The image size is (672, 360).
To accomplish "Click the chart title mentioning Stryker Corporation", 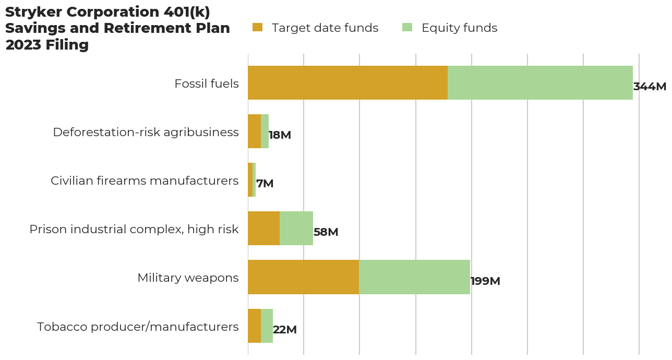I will [117, 29].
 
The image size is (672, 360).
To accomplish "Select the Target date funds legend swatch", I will [257, 28].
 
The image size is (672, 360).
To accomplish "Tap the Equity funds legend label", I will [459, 28].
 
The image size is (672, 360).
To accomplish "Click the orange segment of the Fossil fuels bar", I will [347, 83].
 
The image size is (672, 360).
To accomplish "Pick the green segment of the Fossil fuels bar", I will [540, 83].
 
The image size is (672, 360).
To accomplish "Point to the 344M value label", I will [650, 87].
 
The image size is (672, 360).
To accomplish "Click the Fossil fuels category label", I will [207, 83].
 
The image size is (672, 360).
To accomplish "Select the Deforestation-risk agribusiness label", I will [146, 132].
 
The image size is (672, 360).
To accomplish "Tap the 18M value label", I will [280, 135].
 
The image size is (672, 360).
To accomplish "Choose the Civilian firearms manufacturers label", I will [145, 181].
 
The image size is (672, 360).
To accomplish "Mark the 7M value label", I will [265, 184].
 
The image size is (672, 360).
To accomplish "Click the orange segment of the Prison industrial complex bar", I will [263, 229].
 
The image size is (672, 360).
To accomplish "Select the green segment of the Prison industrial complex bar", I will [296, 229].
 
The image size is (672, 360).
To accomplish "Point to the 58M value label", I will [326, 232].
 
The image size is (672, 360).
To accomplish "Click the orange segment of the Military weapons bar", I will [303, 277].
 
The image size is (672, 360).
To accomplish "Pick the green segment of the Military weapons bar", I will [414, 277].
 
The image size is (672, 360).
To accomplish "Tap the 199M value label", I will [485, 281].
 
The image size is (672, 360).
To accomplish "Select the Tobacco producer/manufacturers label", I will [138, 327].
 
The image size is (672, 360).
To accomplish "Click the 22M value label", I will [284, 330].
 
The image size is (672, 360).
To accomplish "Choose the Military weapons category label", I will [188, 278].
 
